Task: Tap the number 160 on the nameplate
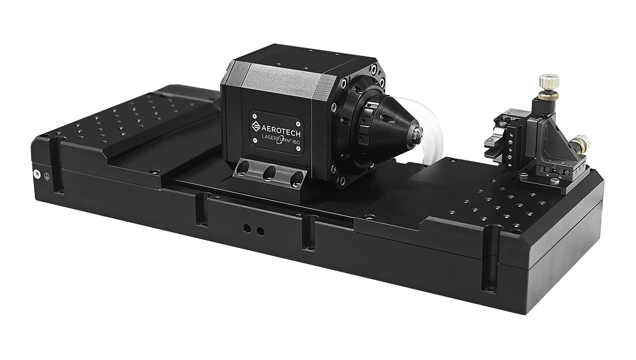pyautogui.click(x=294, y=142)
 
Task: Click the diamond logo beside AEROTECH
pyautogui.click(x=256, y=126)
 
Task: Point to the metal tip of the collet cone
pyautogui.click(x=417, y=132)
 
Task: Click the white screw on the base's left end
pyautogui.click(x=37, y=174)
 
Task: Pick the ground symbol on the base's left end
pyautogui.click(x=47, y=177)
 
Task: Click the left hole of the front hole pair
pyautogui.click(x=247, y=228)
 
